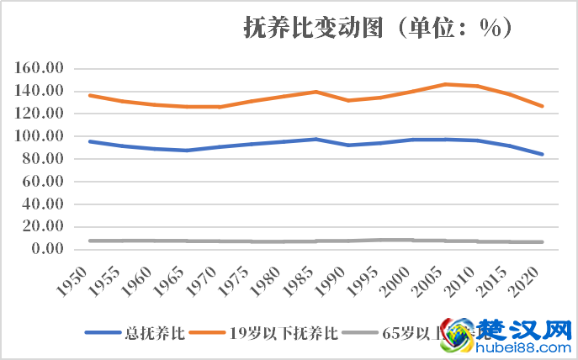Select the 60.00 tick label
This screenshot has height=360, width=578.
click(45, 181)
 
